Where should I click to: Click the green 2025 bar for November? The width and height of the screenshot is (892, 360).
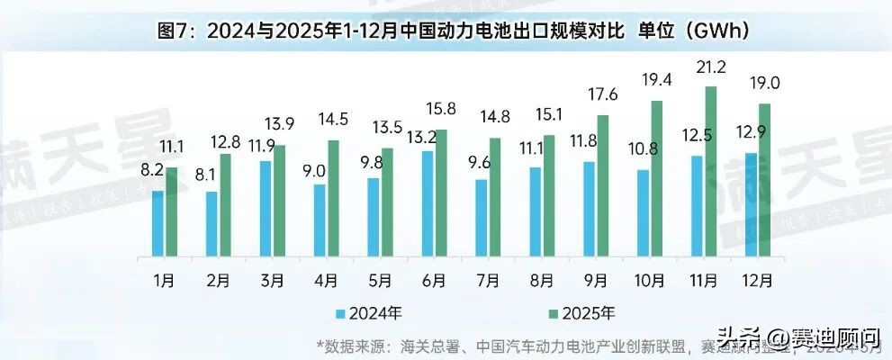click(x=711, y=171)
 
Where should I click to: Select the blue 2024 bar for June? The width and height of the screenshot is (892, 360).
click(x=428, y=203)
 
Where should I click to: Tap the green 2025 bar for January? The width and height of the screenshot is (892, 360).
click(x=172, y=211)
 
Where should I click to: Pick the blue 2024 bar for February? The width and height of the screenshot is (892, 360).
click(x=212, y=223)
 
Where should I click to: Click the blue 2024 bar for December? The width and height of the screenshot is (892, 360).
click(x=752, y=204)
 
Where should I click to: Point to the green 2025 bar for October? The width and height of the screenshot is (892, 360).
click(x=657, y=178)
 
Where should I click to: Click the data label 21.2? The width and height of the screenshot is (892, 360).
click(x=711, y=67)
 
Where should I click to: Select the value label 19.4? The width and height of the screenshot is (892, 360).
click(x=657, y=81)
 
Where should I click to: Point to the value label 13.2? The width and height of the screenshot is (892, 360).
click(x=423, y=137)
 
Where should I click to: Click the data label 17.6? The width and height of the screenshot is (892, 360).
click(x=603, y=95)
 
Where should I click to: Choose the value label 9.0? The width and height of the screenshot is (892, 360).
click(x=315, y=169)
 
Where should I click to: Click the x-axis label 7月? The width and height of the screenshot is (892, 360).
click(x=489, y=280)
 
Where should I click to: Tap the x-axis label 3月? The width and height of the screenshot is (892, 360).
click(x=273, y=280)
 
